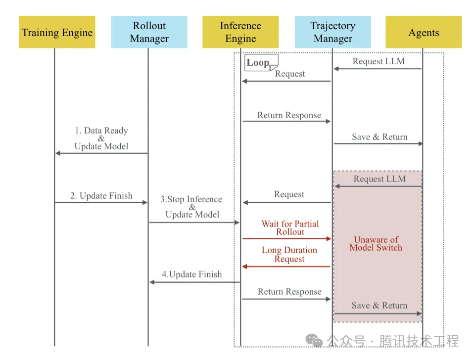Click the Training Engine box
tap(57, 33)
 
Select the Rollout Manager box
tap(149, 32)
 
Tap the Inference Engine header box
tap(240, 32)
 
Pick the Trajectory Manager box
tap(332, 32)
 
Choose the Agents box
tap(424, 33)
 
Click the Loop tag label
tap(258, 63)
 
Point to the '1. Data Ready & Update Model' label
tap(101, 138)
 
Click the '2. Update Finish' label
tap(101, 196)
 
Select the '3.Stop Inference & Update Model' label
tap(191, 207)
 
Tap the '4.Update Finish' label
tap(192, 274)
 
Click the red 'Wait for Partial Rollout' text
tap(290, 227)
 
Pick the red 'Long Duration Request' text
tap(289, 254)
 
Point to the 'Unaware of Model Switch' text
tap(376, 243)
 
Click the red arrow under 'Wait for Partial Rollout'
tap(286, 239)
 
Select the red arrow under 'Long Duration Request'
tap(286, 267)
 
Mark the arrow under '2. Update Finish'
tap(101, 202)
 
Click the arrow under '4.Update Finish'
tap(194, 282)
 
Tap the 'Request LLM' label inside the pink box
tap(379, 179)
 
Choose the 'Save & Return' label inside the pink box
tap(379, 306)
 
